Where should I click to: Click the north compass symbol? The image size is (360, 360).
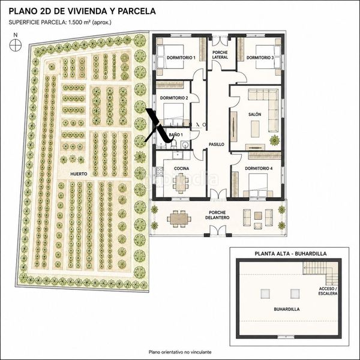[x=16, y=45]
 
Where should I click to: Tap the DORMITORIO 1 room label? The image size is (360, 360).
[x=181, y=58]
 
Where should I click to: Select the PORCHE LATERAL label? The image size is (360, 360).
[x=220, y=55]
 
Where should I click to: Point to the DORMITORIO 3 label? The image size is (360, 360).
[x=260, y=58]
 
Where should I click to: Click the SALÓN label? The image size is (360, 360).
[x=255, y=115]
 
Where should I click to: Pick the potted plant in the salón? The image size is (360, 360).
[x=275, y=140]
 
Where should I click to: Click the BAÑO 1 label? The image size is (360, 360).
[x=176, y=135]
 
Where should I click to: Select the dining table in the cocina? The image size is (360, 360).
[x=181, y=183]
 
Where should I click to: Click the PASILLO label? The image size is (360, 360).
[x=216, y=145]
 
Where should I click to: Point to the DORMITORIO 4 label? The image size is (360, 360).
[x=259, y=168]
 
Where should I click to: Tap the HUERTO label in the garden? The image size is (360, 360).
[x=79, y=174]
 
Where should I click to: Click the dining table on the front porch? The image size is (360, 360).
[x=179, y=219]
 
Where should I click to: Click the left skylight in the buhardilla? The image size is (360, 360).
[x=265, y=293]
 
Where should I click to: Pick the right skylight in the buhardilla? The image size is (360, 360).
[x=295, y=293]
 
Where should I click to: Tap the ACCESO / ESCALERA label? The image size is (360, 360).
[x=328, y=291]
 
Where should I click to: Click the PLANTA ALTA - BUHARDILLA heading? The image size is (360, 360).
[x=290, y=254]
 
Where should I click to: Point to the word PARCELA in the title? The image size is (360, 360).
[x=136, y=11]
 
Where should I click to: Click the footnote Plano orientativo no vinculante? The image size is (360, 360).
[x=180, y=352]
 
